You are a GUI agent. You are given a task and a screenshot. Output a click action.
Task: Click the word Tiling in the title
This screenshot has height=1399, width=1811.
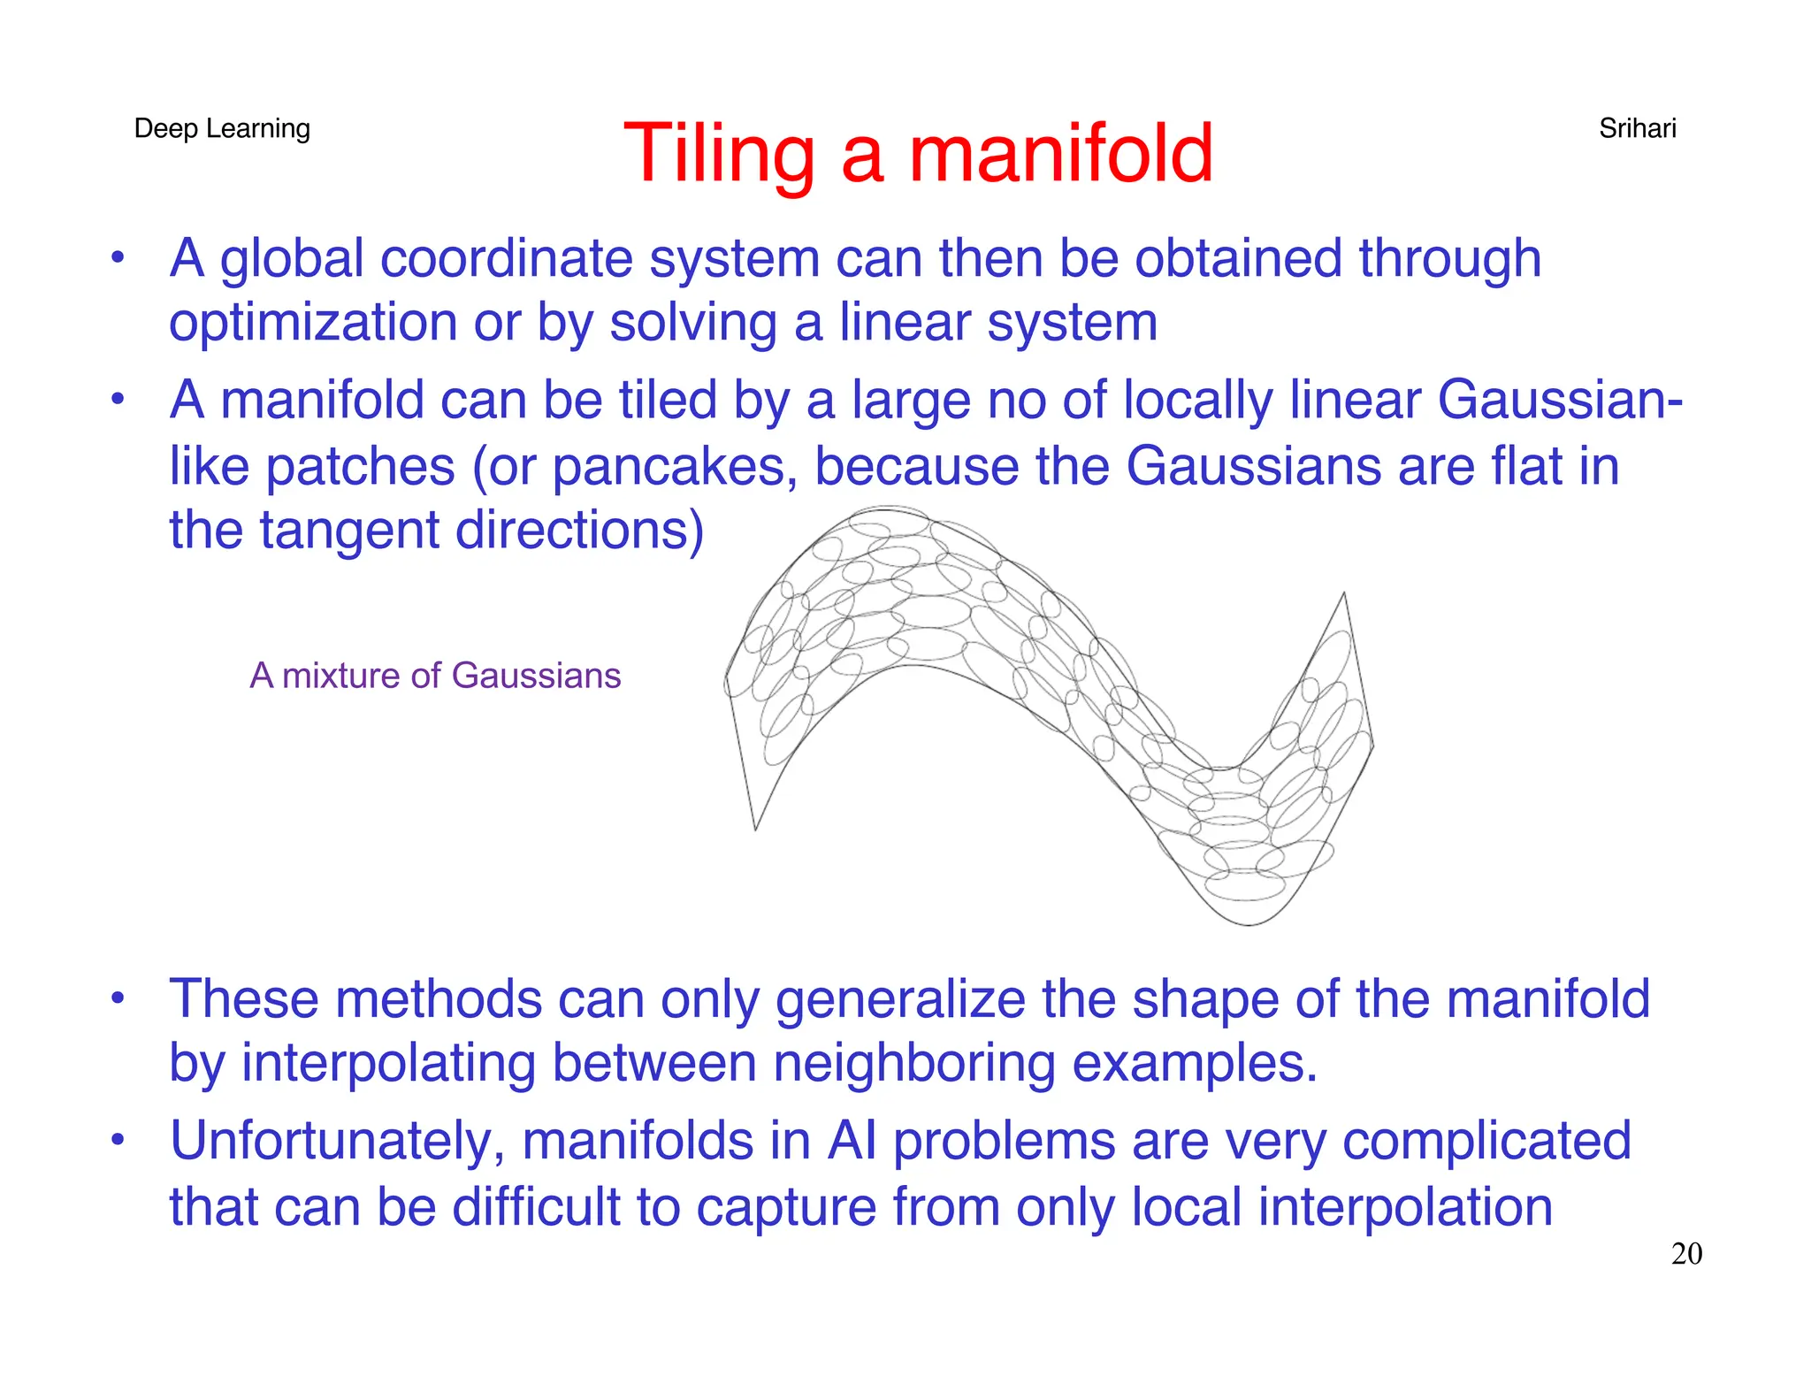[x=718, y=155]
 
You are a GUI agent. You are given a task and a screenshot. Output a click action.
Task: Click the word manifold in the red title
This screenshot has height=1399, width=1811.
[x=1061, y=155]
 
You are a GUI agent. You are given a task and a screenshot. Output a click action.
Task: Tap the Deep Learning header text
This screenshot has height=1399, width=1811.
[x=222, y=129]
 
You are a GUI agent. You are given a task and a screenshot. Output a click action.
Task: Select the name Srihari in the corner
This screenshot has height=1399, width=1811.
[x=1637, y=129]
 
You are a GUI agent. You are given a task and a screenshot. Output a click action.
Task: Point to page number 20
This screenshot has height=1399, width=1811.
[x=1686, y=1254]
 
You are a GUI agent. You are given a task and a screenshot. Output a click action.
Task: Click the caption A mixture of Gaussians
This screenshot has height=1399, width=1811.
[x=435, y=676]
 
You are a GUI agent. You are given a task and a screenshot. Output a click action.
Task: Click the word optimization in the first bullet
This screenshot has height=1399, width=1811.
[x=312, y=323]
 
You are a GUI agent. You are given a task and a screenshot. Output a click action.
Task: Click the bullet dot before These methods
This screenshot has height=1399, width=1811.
[x=118, y=999]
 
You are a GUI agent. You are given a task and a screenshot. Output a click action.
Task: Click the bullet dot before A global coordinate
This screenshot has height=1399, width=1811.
[x=118, y=259]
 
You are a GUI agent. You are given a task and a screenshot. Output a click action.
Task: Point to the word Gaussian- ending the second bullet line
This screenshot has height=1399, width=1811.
[x=1559, y=401]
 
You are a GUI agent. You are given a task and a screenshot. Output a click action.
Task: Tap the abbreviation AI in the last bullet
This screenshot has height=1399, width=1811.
[x=852, y=1141]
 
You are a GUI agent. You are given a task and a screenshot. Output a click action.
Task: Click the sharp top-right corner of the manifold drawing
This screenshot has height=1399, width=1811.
[x=1344, y=593]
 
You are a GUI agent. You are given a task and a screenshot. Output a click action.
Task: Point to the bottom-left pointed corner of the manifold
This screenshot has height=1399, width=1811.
[x=755, y=829]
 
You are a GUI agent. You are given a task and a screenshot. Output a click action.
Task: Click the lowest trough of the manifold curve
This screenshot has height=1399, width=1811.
[x=1249, y=924]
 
